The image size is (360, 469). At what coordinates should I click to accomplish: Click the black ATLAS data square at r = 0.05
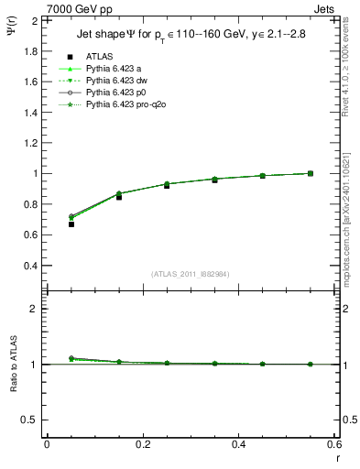tap(71, 224)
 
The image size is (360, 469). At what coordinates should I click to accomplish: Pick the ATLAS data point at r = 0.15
tap(119, 197)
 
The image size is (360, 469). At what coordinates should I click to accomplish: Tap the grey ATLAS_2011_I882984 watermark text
tap(190, 274)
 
